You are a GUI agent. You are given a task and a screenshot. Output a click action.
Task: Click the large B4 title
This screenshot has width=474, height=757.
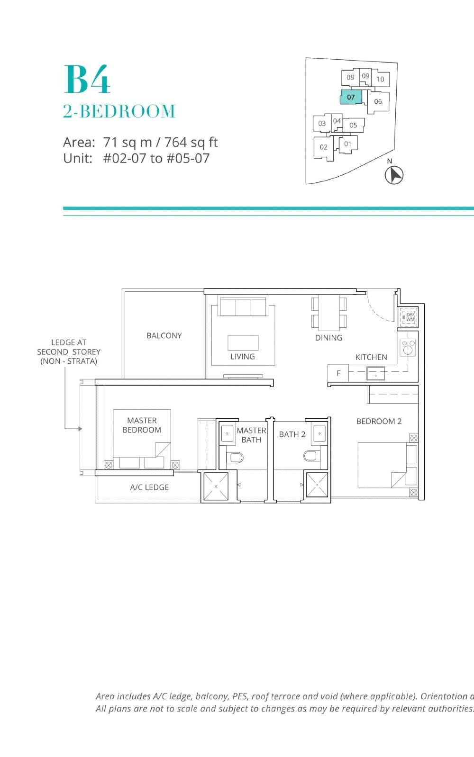click(87, 79)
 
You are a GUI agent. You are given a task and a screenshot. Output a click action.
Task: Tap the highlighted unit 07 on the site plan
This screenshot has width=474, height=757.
click(351, 97)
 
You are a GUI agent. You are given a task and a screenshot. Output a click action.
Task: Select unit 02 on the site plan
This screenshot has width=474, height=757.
click(323, 147)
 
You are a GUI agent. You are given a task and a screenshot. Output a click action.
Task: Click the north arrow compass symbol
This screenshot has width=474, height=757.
click(393, 175)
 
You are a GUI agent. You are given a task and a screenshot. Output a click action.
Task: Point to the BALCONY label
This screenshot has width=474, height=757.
click(164, 335)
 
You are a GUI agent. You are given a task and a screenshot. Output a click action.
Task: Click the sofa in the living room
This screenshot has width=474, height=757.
click(243, 306)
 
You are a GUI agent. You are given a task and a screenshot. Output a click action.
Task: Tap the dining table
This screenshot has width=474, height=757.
click(329, 313)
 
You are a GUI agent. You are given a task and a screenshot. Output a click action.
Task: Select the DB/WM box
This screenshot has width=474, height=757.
click(409, 317)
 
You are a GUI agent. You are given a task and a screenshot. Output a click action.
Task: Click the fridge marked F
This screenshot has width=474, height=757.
click(338, 373)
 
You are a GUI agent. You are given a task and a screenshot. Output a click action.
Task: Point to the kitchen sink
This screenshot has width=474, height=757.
click(375, 373)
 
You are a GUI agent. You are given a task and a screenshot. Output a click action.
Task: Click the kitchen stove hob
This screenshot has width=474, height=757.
click(408, 348)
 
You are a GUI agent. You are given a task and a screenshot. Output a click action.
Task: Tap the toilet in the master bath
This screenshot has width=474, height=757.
click(235, 458)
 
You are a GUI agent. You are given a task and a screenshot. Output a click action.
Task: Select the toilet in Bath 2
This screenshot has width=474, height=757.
click(310, 456)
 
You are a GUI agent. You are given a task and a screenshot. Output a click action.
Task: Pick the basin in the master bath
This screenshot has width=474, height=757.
click(228, 433)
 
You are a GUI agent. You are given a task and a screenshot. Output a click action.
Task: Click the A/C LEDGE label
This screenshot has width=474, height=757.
click(149, 487)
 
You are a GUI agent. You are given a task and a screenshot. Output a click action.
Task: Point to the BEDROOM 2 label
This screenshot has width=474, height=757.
click(379, 421)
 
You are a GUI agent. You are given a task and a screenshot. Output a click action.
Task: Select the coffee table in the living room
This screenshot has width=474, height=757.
click(243, 342)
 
